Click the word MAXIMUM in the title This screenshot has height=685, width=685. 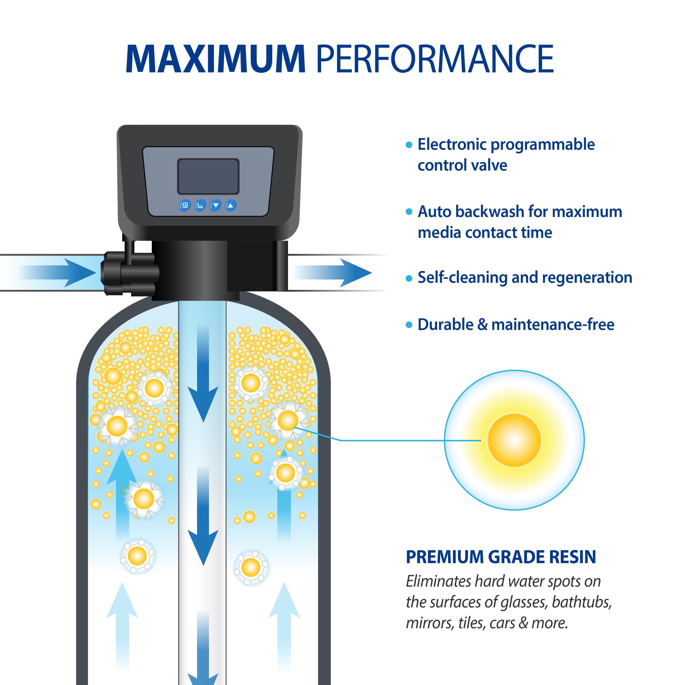[x=215, y=59]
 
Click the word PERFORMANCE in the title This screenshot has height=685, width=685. [x=434, y=59]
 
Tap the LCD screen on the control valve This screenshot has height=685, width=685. [x=208, y=176]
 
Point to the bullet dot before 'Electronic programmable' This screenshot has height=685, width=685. [x=409, y=145]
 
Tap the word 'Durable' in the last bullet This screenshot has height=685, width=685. [x=445, y=324]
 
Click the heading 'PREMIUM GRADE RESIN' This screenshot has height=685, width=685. [x=501, y=557]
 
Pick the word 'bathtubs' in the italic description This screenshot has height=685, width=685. [x=582, y=602]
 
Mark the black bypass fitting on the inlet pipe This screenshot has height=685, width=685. [x=129, y=273]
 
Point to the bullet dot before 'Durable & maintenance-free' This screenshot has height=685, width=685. [x=409, y=325]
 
